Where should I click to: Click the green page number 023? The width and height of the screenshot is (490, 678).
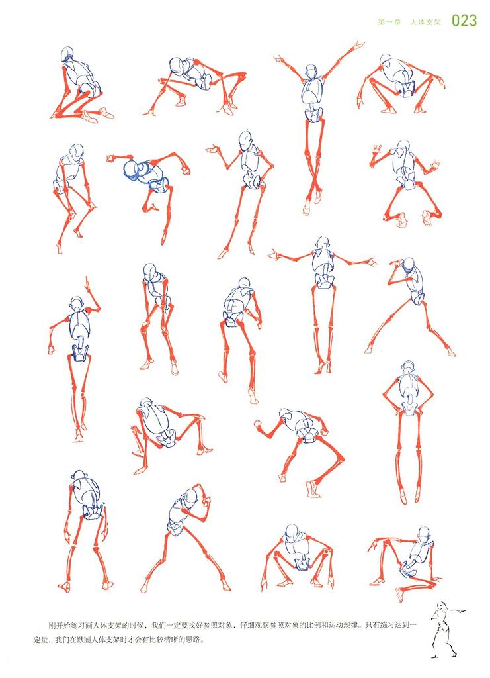464,21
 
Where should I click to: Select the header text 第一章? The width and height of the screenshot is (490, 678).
389,22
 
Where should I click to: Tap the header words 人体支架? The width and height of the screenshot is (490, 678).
425,22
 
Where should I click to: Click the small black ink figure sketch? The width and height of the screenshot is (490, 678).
446,629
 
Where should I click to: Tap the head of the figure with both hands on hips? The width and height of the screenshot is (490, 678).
407,367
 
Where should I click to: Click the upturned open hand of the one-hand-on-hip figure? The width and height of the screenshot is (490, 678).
213,150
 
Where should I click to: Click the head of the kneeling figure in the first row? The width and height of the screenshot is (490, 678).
67,54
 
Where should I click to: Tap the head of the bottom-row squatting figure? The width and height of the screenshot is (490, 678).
292,533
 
